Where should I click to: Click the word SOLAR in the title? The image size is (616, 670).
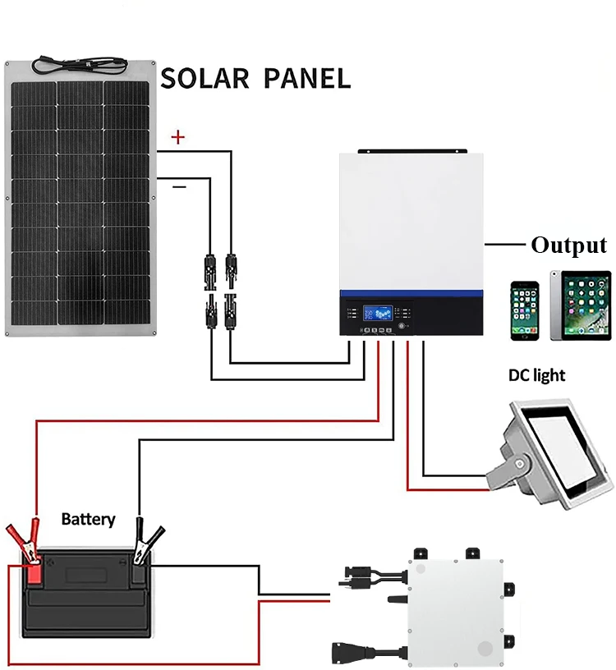(204, 78)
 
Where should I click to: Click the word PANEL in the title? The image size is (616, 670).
(307, 78)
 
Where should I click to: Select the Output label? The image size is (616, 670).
(568, 245)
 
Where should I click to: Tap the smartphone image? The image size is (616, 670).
(525, 310)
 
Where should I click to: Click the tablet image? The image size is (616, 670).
(581, 305)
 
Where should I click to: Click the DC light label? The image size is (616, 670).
(536, 375)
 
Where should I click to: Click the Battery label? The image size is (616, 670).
(89, 520)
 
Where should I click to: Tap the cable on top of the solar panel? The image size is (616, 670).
(83, 62)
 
